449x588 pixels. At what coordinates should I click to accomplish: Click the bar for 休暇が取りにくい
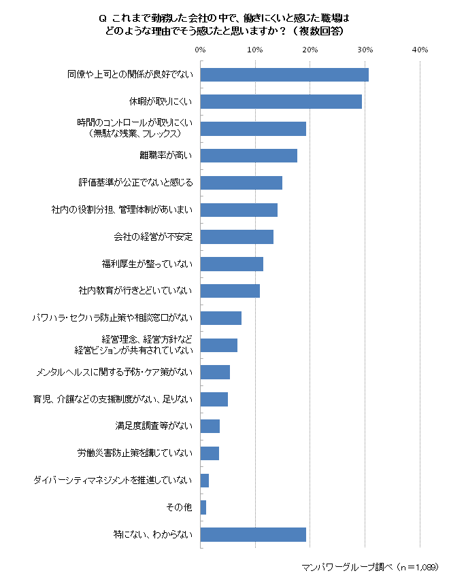coord(281,102)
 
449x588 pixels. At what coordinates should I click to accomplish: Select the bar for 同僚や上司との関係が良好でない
coord(284,75)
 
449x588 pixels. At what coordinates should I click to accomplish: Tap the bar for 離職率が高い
coord(249,156)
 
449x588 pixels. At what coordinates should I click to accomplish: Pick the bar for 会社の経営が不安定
coord(237,237)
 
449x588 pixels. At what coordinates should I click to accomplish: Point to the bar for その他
coord(203,507)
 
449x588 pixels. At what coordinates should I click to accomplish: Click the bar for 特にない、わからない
coord(253,534)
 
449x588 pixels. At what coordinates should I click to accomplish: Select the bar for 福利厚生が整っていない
coord(232,264)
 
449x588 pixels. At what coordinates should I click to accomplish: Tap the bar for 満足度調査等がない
coord(210,426)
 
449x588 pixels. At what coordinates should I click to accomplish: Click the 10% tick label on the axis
coord(255,50)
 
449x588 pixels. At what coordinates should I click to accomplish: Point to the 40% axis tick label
coord(420,50)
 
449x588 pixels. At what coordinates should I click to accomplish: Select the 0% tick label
coord(200,50)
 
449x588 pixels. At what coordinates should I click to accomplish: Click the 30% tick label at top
coord(365,50)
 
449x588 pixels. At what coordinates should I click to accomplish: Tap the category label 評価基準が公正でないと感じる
coord(136,183)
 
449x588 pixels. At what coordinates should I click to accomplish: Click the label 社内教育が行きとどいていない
coord(136,291)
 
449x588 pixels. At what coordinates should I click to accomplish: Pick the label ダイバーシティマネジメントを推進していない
coord(113,480)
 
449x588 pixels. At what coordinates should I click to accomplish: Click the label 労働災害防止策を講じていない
coord(135,453)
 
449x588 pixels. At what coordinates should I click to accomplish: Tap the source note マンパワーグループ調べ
coord(347,566)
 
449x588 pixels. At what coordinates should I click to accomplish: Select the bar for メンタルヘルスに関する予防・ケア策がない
coord(215,372)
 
